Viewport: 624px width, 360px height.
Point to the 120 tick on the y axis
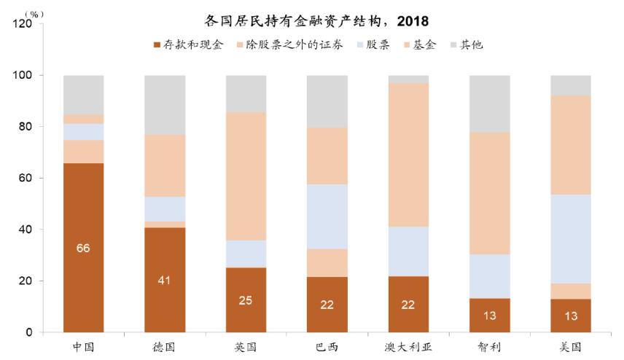coord(23,24)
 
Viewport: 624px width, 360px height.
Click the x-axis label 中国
coord(83,348)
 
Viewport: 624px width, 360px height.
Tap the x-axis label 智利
coord(489,348)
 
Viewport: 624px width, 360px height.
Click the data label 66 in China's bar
coord(83,249)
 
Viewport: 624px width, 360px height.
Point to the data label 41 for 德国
coord(164,280)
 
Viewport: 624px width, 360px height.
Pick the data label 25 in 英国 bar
coord(245,300)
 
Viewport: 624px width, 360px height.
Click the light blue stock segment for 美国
coord(570,238)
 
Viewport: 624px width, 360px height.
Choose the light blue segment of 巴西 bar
coord(327,216)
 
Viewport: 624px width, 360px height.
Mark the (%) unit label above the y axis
coord(34,13)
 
